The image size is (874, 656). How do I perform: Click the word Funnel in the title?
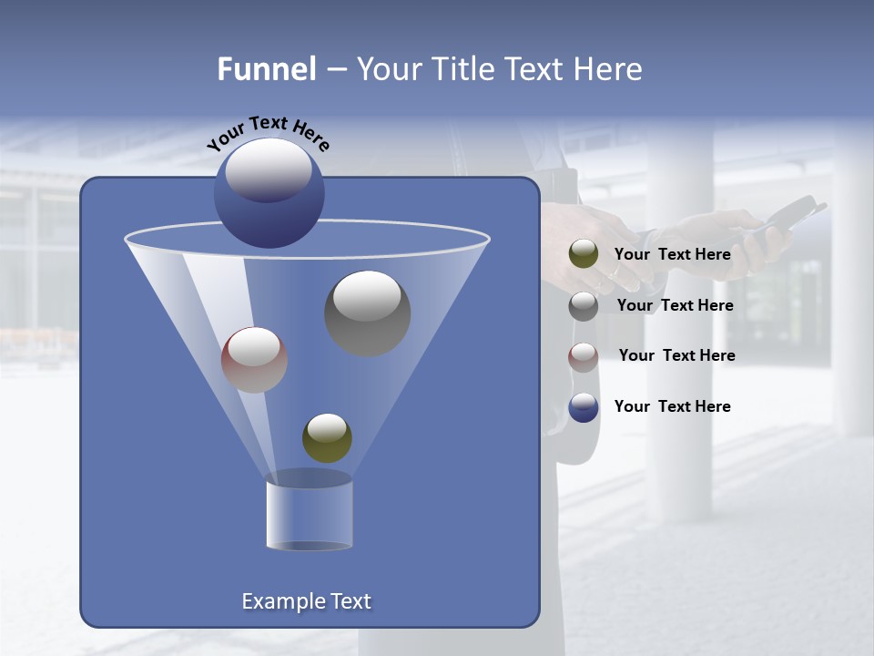coord(267,69)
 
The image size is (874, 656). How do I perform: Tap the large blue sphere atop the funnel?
coord(269,193)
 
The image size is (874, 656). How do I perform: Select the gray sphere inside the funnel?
coord(368,313)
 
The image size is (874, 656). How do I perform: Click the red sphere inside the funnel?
coord(254,360)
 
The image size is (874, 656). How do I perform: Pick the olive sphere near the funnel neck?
coord(327,437)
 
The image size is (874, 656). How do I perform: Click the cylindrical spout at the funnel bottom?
coord(309,516)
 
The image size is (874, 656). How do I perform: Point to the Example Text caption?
coord(306,601)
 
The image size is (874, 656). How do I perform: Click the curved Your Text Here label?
coord(268,133)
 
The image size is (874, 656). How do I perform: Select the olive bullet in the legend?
coord(584,254)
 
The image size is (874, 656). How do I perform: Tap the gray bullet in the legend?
coord(584,306)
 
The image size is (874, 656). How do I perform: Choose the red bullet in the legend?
coord(584,357)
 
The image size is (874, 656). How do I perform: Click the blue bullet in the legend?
coord(584,407)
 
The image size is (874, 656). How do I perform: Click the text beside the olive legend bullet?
coord(672,255)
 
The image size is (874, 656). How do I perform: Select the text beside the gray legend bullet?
coord(675,306)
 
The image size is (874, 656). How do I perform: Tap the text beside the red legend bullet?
coord(676,356)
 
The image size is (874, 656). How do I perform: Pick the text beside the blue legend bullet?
coord(672,406)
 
